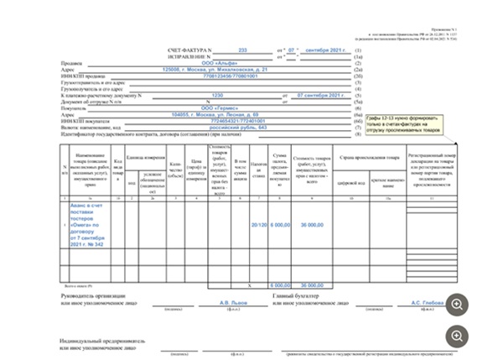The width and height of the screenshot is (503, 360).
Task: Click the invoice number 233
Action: (243, 50)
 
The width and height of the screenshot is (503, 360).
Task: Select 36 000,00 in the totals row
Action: (311, 284)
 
